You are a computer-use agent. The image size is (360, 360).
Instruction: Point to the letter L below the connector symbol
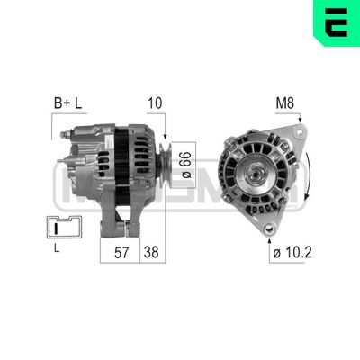pos(57,248)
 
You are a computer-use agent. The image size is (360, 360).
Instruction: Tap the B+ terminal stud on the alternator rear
pos(66,135)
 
